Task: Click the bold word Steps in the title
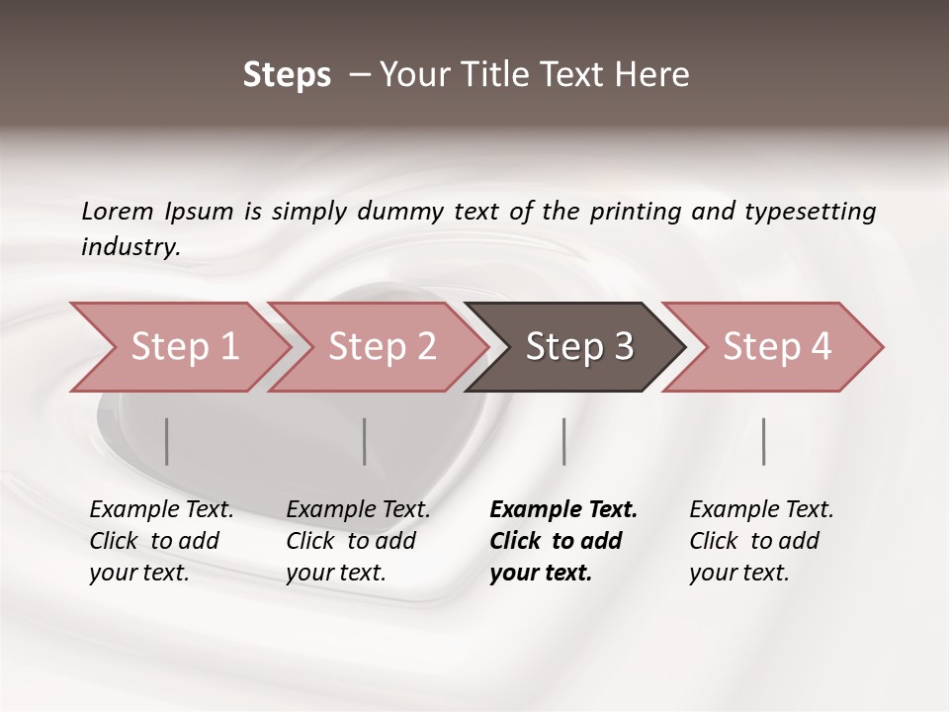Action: click(287, 75)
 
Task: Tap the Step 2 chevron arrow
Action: click(381, 347)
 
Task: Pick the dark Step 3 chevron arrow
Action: click(578, 347)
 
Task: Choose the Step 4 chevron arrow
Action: click(776, 347)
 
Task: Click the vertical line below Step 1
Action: click(166, 441)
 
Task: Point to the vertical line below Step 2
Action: click(365, 441)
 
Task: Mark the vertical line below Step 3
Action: click(563, 441)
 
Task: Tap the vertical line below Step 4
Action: click(763, 441)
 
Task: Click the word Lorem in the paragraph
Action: click(118, 211)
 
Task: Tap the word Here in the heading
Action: click(654, 75)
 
